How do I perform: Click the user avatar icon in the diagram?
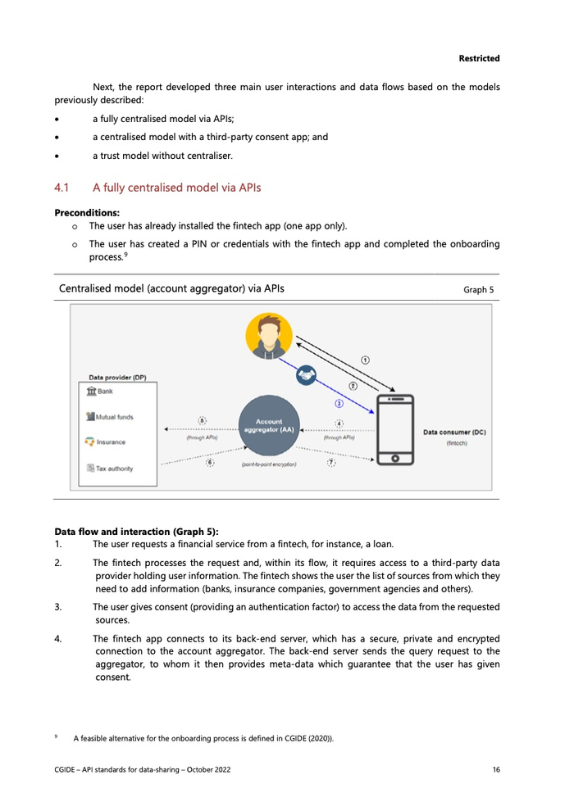pyautogui.click(x=269, y=336)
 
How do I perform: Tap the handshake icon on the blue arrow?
pyautogui.click(x=307, y=374)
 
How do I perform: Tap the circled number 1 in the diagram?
pyautogui.click(x=366, y=359)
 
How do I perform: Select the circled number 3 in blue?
pyautogui.click(x=339, y=404)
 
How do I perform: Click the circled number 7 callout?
pyautogui.click(x=331, y=462)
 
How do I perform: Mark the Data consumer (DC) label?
pyautogui.click(x=454, y=432)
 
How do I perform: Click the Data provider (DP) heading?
pyautogui.click(x=117, y=378)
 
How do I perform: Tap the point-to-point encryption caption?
pyautogui.click(x=269, y=464)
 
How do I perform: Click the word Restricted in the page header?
pyautogui.click(x=479, y=58)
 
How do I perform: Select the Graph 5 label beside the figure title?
pyautogui.click(x=479, y=290)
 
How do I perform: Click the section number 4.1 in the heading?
pyautogui.click(x=62, y=188)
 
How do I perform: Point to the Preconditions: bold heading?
pyautogui.click(x=87, y=212)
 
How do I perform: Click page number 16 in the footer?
pyautogui.click(x=496, y=769)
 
